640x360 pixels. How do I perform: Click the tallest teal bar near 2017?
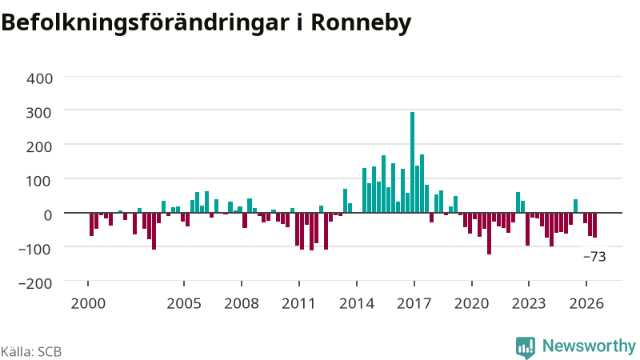[x=412, y=162]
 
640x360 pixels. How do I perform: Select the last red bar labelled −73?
[x=594, y=225]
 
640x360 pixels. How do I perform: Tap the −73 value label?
[x=594, y=257]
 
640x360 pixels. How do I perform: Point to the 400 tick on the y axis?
[x=39, y=78]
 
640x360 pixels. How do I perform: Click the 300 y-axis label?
[x=39, y=113]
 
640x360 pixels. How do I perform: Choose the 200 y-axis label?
[x=39, y=147]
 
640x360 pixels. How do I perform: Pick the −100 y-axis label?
[x=35, y=249]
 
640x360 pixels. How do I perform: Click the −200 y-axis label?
[x=35, y=283]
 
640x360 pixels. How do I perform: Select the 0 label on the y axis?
[x=48, y=215]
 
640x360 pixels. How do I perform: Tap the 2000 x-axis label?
[x=88, y=304]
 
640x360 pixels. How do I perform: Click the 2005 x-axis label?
[x=184, y=304]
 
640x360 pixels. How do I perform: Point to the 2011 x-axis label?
[x=298, y=304]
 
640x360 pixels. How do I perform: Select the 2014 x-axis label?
[x=357, y=304]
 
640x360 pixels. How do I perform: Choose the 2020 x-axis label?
[x=471, y=304]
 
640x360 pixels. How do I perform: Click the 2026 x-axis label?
[x=586, y=304]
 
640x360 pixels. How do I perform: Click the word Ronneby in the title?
[x=361, y=23]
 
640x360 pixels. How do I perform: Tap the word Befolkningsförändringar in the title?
[x=145, y=23]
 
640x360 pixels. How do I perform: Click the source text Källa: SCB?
[x=31, y=351]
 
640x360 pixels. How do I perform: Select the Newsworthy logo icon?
[x=526, y=347]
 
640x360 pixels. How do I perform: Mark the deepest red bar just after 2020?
[x=489, y=234]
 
